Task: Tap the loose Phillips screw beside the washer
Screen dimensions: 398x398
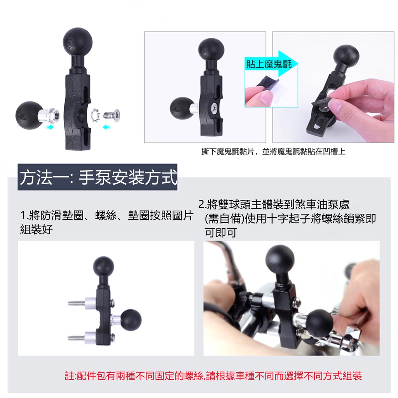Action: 111,115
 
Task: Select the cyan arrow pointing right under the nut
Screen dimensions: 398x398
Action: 50,127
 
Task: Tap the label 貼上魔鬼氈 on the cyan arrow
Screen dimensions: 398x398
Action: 269,64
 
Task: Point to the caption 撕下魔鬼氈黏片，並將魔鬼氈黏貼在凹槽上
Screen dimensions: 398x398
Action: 273,152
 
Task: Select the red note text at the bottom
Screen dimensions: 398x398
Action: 213,376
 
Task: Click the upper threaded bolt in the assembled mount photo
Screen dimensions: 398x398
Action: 77,302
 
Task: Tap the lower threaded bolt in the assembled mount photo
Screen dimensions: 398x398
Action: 76,338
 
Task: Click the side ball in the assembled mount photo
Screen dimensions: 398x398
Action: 131,320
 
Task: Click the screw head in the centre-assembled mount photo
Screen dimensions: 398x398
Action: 214,108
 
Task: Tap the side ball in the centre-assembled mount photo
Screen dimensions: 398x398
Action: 182,109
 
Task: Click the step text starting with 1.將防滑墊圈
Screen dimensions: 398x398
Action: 106,222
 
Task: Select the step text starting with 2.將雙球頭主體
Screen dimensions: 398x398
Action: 287,218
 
